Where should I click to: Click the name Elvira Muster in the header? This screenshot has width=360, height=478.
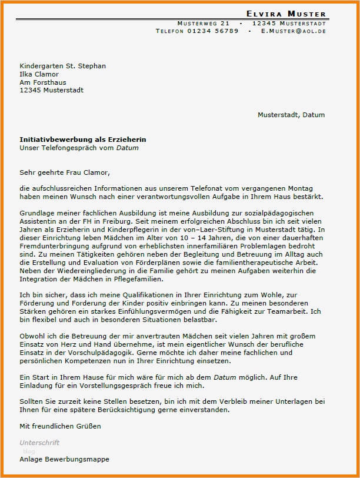pos(286,14)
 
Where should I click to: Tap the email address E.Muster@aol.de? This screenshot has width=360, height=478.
pos(293,31)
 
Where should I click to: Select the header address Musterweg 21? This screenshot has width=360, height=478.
pos(203,23)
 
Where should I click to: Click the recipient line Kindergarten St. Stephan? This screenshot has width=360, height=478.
pos(62,66)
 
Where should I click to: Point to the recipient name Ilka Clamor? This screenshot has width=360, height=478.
pos(40,74)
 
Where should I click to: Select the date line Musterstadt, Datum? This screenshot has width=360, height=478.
pos(291,115)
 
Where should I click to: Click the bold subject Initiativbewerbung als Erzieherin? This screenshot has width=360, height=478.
pos(83,140)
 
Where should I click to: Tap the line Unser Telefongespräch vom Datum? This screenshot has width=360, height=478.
pos(79,148)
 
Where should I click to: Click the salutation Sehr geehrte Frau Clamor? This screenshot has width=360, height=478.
pos(65,172)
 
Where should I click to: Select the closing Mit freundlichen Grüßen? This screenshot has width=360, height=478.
pos(60,426)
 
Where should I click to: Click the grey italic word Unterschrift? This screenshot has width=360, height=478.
pos(39,442)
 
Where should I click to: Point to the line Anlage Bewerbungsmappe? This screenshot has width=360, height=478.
pos(64,459)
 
